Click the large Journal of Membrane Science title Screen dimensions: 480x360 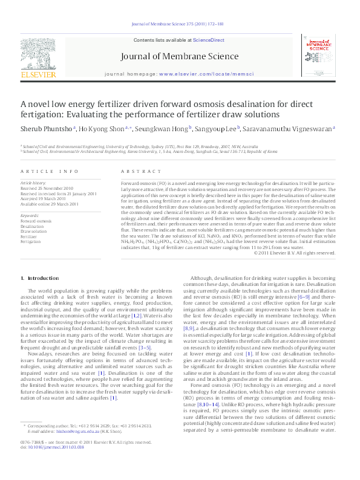point(180,58)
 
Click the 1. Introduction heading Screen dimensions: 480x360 point(40,278)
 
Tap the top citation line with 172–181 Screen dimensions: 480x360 point(180,25)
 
